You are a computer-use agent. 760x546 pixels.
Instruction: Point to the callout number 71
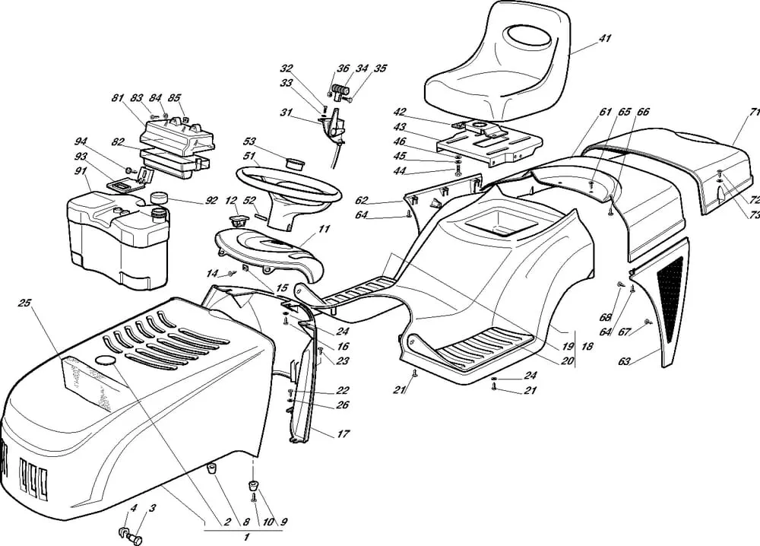pyautogui.click(x=752, y=112)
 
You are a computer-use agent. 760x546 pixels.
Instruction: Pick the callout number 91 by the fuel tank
pyautogui.click(x=80, y=171)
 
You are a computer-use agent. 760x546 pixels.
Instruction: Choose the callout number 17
pyautogui.click(x=343, y=434)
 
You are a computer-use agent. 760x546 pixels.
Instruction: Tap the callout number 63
pyautogui.click(x=624, y=362)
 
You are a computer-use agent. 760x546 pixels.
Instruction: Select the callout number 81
pyautogui.click(x=118, y=98)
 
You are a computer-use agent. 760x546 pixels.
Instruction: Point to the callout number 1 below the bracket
pyautogui.click(x=245, y=537)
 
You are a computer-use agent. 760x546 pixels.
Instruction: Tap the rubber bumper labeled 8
pyautogui.click(x=213, y=468)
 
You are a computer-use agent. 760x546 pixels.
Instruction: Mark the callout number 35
pyautogui.click(x=380, y=68)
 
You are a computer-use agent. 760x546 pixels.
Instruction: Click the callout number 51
pyautogui.click(x=249, y=156)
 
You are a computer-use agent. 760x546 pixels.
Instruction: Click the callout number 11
pyautogui.click(x=324, y=227)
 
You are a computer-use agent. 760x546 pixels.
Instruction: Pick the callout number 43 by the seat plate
pyautogui.click(x=400, y=127)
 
